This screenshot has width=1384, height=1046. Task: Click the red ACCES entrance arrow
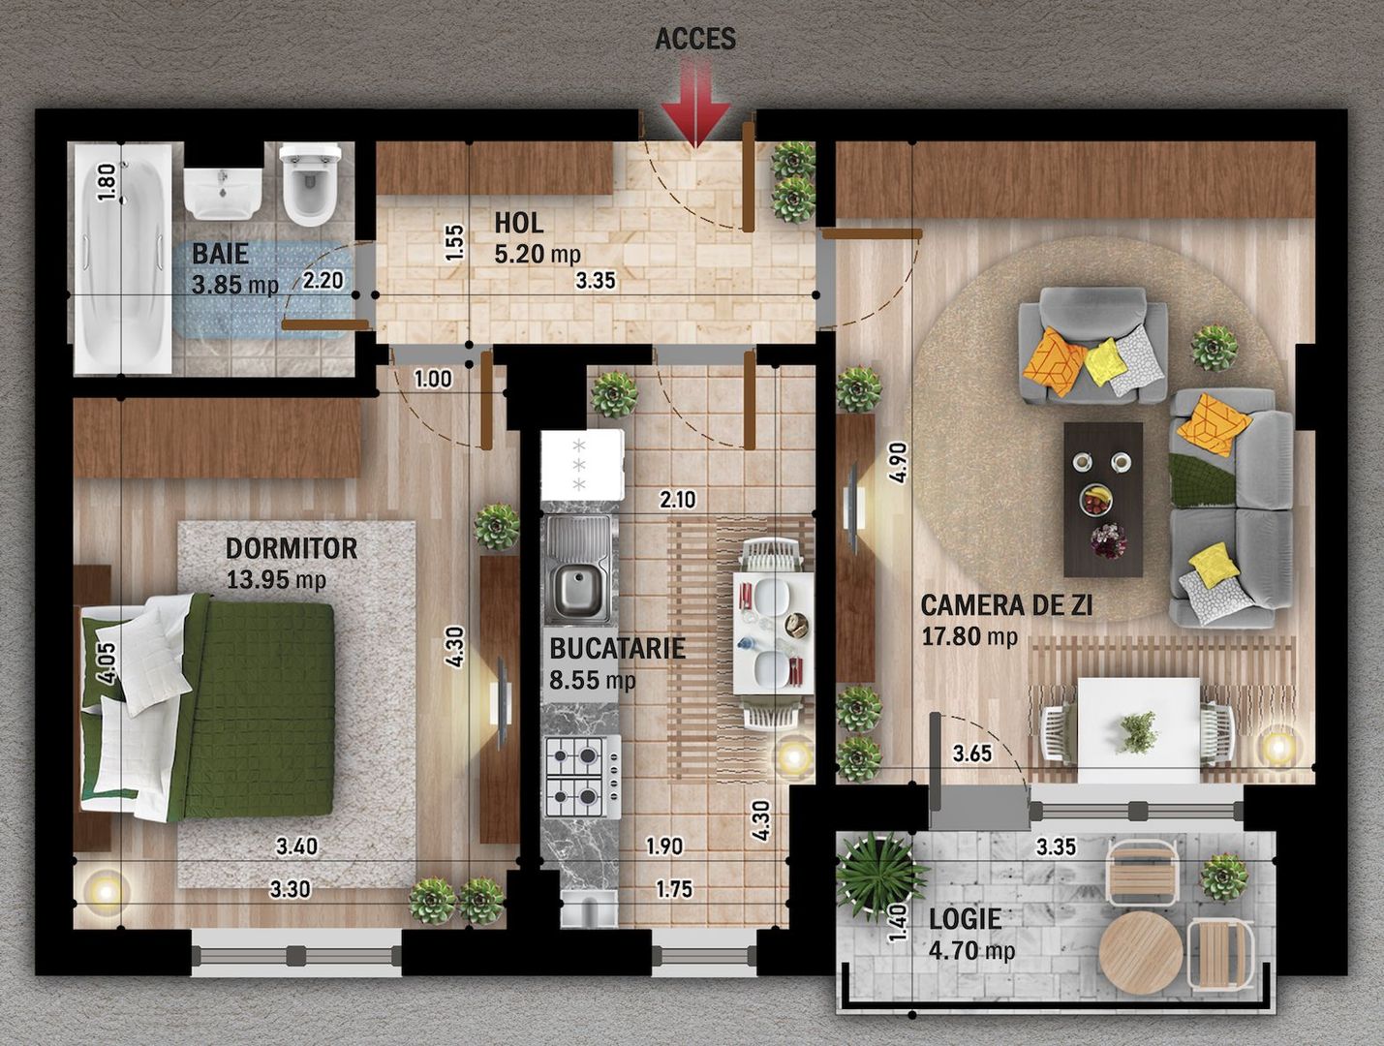(695, 104)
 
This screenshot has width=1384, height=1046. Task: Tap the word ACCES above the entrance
(695, 39)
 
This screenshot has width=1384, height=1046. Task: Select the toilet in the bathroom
(310, 183)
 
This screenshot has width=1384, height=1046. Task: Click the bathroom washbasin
(223, 193)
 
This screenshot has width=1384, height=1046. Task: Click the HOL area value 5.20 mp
(538, 254)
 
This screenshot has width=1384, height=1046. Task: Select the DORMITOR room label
(292, 548)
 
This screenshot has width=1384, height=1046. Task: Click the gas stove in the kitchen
(583, 776)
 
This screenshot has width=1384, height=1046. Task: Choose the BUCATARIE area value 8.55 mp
(592, 680)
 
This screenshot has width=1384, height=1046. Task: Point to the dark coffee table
(1103, 500)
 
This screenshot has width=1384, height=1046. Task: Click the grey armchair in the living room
(1092, 346)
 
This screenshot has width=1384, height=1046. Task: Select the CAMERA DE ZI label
(1006, 606)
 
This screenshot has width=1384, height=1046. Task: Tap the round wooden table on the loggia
(1141, 953)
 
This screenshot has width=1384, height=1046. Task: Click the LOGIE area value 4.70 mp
(971, 950)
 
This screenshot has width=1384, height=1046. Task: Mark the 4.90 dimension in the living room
(898, 463)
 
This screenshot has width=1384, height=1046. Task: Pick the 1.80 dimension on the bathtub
(108, 182)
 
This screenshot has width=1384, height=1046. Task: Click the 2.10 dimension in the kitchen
(678, 500)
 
